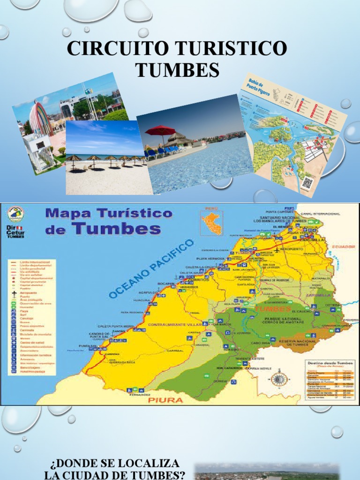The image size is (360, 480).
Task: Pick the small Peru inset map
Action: (x=211, y=222)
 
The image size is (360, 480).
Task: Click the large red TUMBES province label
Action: (x=272, y=309)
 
